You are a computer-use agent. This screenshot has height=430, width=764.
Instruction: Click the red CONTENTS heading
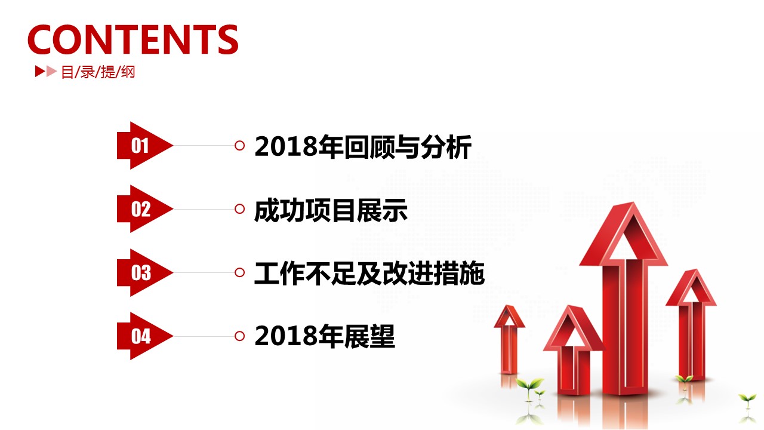[x=133, y=39]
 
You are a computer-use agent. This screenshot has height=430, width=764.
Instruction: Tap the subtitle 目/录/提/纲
[x=98, y=72]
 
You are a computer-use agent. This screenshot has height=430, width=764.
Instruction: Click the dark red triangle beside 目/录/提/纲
[x=40, y=71]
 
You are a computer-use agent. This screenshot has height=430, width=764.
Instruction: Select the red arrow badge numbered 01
[x=144, y=145]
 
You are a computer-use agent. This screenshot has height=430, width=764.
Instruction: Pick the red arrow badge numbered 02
[x=144, y=209]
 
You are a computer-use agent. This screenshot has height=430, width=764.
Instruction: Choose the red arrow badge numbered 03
[x=144, y=273]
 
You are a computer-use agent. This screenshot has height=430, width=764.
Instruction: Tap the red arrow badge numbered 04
[x=144, y=336]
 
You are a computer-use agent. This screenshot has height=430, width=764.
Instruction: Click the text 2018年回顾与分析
[x=363, y=147]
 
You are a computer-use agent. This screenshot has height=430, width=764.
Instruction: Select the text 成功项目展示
[x=331, y=210]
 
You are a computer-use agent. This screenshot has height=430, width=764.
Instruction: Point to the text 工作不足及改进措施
[x=369, y=274]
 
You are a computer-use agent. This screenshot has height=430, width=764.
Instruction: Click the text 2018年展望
[x=325, y=336]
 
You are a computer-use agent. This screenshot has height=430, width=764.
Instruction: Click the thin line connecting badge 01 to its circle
[x=204, y=146]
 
